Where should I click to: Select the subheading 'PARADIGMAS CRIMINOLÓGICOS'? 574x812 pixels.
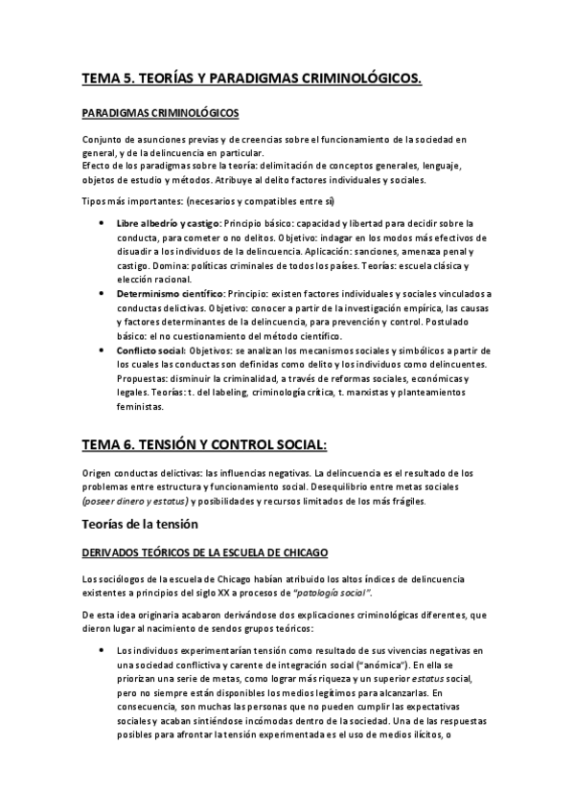coord(160,113)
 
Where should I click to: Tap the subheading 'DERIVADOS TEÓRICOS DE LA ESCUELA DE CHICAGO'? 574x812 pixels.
coord(205,553)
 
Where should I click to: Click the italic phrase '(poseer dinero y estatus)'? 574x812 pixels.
coord(135,501)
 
